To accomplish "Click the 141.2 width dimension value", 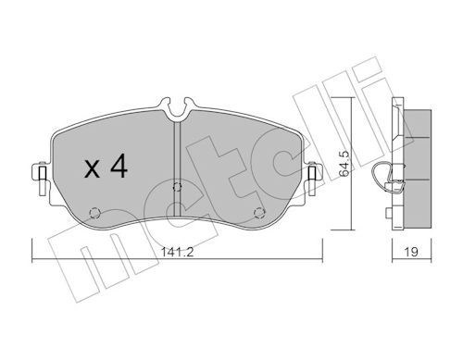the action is pyautogui.click(x=177, y=252).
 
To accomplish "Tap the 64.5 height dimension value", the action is pyautogui.click(x=344, y=164).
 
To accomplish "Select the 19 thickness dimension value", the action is pyautogui.click(x=411, y=252).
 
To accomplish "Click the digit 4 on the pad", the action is pyautogui.click(x=119, y=166).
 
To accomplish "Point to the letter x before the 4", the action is pyautogui.click(x=92, y=169).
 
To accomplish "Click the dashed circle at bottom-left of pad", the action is pyautogui.click(x=94, y=213).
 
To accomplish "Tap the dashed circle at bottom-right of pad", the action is pyautogui.click(x=259, y=213).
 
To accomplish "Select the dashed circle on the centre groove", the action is pyautogui.click(x=177, y=187).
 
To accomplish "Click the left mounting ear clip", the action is pyautogui.click(x=42, y=179).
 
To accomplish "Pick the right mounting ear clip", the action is pyautogui.click(x=313, y=179).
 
